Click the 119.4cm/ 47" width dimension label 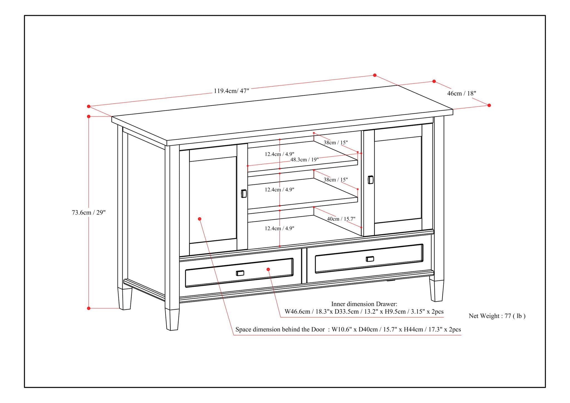pos(231,91)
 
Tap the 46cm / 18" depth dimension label pos(461,94)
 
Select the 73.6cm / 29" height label pos(89,213)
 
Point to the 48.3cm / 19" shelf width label pos(304,160)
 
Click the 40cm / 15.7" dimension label pos(341,219)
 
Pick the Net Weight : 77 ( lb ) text pos(497,316)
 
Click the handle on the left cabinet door pos(244,193)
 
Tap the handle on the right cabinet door pos(370,180)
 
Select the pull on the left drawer pos(240,273)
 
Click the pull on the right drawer pos(370,259)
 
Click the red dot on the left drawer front pos(268,269)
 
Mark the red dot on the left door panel pos(200,219)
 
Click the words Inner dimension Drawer pos(364,304)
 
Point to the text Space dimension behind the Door pos(280,330)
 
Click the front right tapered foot pos(436,291)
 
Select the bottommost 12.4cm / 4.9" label pos(279,228)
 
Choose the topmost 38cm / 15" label pos(335,142)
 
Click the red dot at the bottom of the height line pos(89,308)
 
